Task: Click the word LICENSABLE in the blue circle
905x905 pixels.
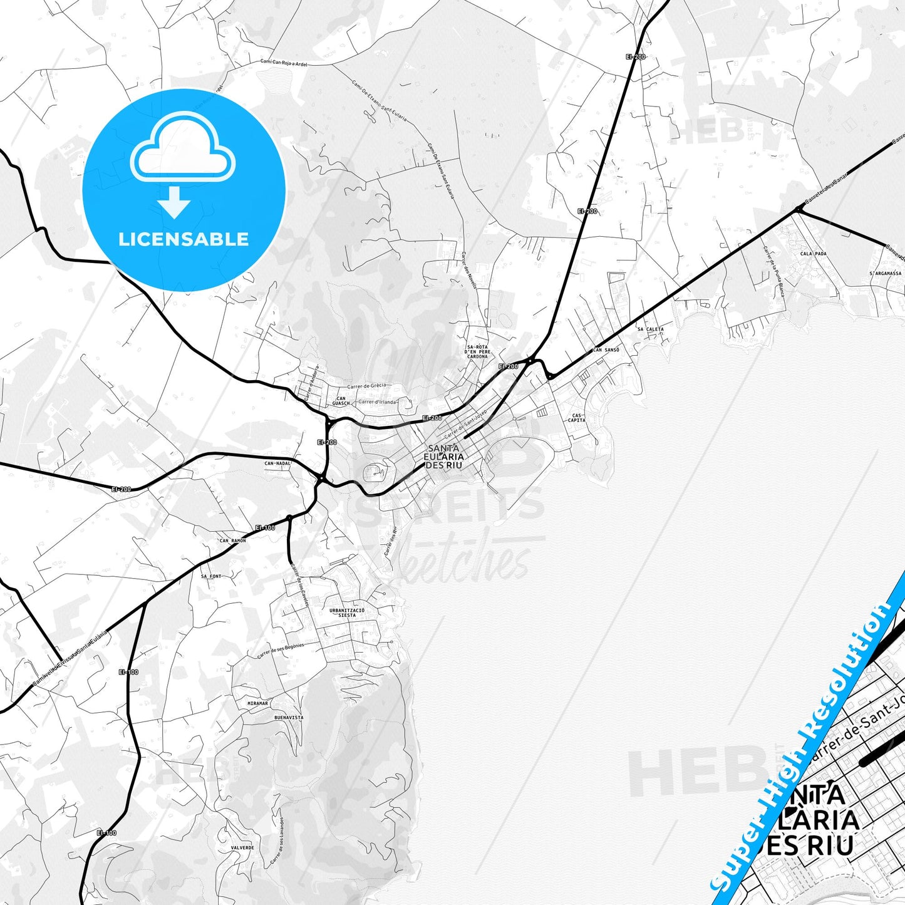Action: pos(184,239)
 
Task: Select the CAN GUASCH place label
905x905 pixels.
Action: pos(341,401)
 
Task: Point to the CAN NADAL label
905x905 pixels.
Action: pos(277,463)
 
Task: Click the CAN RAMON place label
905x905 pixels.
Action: pos(232,540)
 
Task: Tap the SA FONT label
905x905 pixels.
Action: pos(211,576)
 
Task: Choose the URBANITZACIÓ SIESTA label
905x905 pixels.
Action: pos(346,613)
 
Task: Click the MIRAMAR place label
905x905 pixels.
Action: pos(257,703)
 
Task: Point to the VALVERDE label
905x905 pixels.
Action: pos(242,848)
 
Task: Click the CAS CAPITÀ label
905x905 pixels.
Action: pos(576,418)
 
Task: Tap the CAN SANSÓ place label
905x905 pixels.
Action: pos(606,350)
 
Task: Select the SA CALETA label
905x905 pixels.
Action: pos(650,329)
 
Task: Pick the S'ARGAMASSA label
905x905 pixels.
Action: pos(885,274)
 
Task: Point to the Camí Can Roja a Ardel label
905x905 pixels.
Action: pos(284,63)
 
